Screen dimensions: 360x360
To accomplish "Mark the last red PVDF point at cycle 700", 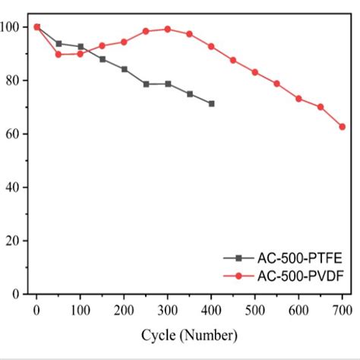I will pyautogui.click(x=343, y=127).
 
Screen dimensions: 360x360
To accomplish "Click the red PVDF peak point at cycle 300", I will pyautogui.click(x=168, y=29).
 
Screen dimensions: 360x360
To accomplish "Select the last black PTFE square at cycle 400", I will pyautogui.click(x=211, y=103).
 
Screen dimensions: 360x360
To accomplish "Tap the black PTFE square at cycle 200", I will pyautogui.click(x=124, y=69).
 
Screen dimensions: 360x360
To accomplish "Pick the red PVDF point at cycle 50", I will pyautogui.click(x=58, y=54).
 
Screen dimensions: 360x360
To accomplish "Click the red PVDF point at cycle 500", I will pyautogui.click(x=255, y=72).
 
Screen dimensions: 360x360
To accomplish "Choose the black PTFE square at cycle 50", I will pyautogui.click(x=58, y=43).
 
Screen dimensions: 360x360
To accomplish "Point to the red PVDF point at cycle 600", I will pyautogui.click(x=298, y=99).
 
